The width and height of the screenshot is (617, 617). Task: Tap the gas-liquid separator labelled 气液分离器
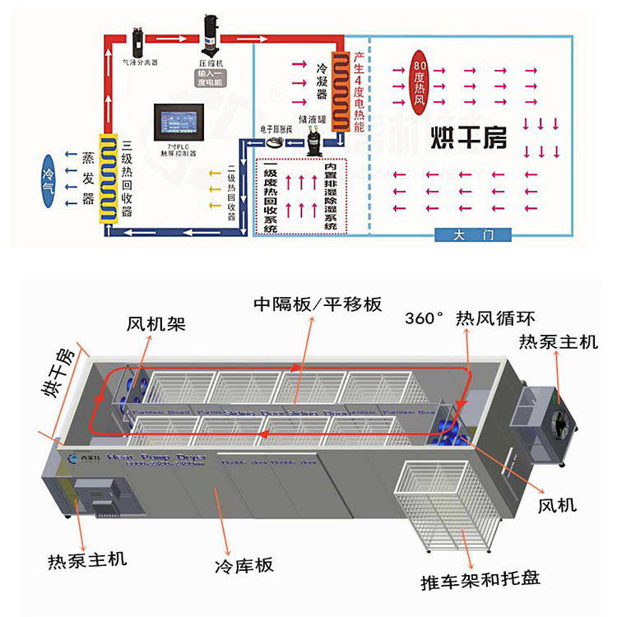(138, 39)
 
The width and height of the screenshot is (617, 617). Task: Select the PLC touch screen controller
(179, 125)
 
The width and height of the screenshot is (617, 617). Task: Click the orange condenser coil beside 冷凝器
(337, 82)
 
